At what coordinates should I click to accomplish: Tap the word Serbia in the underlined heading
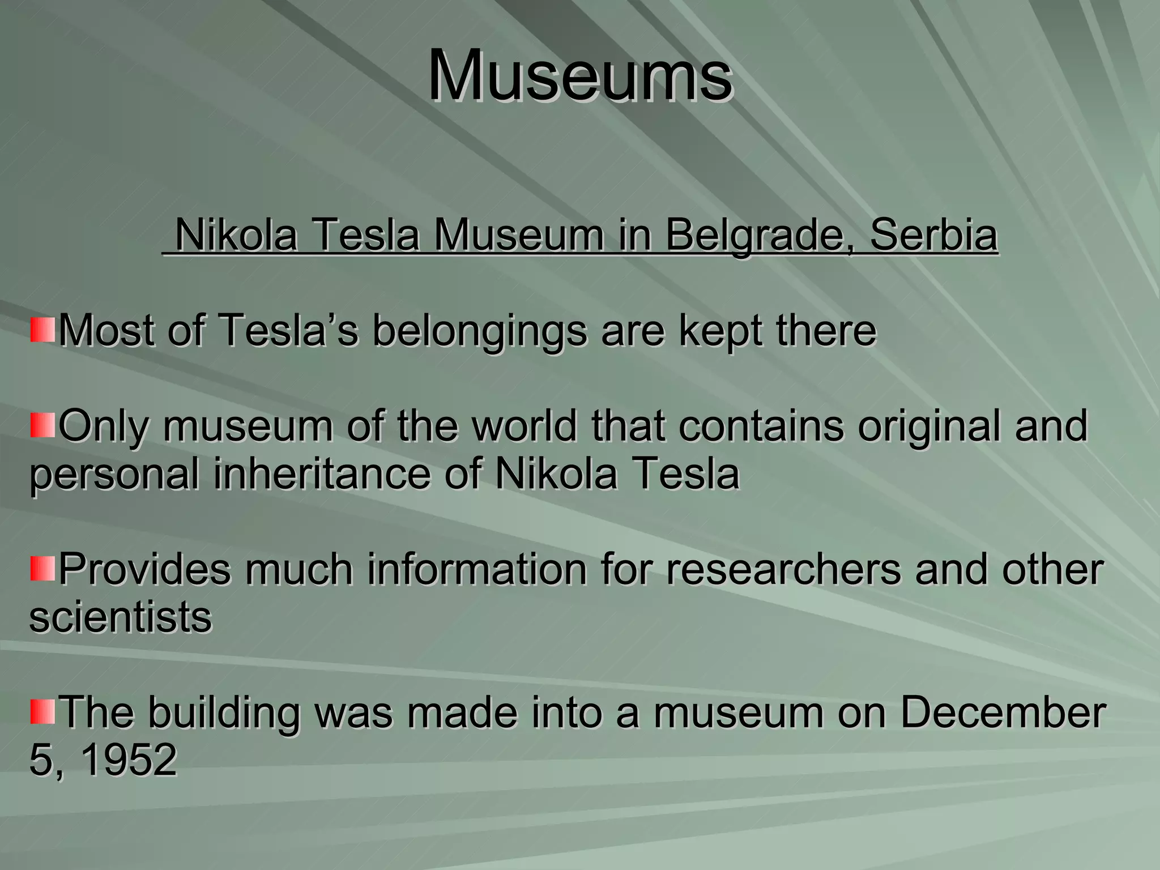pyautogui.click(x=933, y=235)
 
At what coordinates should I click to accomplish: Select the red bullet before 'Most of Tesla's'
pyautogui.click(x=42, y=330)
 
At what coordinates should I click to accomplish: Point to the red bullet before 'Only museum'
pyautogui.click(x=42, y=425)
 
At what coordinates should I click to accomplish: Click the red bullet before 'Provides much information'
pyautogui.click(x=42, y=569)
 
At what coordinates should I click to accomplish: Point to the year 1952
pyautogui.click(x=129, y=760)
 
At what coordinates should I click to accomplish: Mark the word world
pyautogui.click(x=524, y=425)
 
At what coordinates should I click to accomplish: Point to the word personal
pyautogui.click(x=114, y=475)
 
